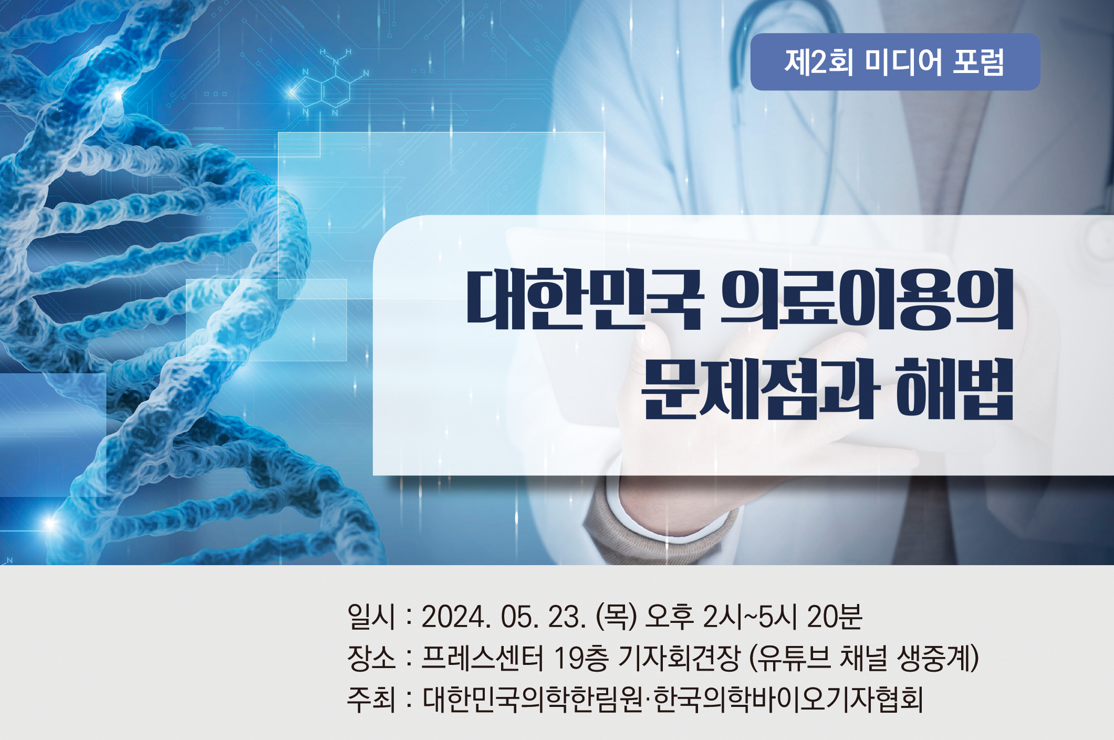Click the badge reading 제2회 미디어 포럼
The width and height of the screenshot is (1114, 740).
[x=895, y=62]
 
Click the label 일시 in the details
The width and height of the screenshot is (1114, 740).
[x=371, y=616]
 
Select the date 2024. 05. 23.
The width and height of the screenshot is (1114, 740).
[x=504, y=617]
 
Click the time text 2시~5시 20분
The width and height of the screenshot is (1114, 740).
[x=782, y=617]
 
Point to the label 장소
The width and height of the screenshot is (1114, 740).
[x=371, y=658]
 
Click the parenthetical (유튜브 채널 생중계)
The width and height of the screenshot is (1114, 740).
[x=864, y=658]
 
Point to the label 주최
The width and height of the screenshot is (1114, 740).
[x=371, y=699]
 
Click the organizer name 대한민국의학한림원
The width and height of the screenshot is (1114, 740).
[x=533, y=699]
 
